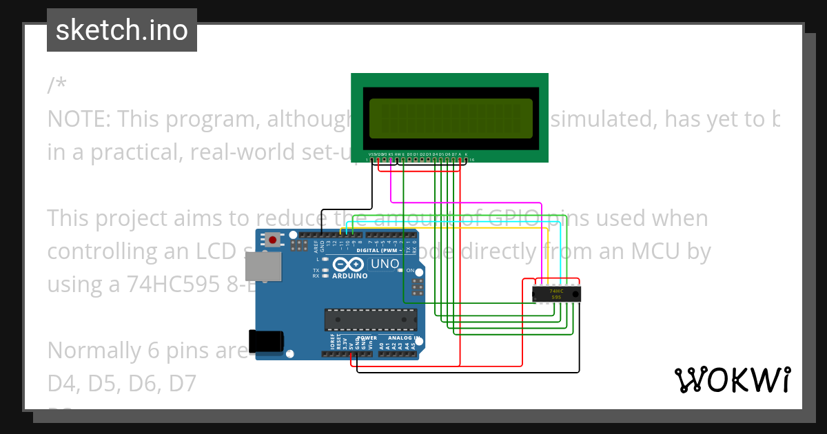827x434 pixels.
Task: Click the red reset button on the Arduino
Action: point(274,240)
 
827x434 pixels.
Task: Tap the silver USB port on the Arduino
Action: point(263,266)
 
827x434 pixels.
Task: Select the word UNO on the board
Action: point(385,264)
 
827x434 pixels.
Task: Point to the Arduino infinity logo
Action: point(349,264)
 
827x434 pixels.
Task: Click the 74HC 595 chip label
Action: point(555,294)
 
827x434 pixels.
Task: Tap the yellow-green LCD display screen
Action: point(451,118)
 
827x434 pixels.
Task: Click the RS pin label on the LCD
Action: point(391,154)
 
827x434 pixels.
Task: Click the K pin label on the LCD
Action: point(466,154)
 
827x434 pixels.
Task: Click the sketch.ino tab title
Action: point(122,30)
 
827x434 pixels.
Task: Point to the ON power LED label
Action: point(409,271)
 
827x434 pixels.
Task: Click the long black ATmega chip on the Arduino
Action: point(371,320)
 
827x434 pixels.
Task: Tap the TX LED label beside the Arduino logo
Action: point(316,270)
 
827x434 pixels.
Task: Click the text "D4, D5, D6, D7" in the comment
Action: point(122,383)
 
